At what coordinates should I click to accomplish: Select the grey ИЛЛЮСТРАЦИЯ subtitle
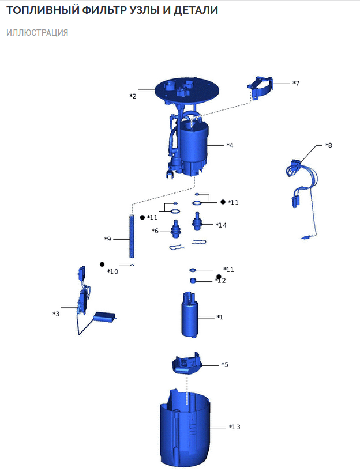click(37, 32)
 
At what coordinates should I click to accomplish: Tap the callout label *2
click(133, 96)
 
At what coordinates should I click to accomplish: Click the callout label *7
click(296, 83)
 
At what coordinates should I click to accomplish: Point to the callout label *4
click(230, 145)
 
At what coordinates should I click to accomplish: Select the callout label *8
click(328, 145)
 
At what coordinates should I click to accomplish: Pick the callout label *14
click(221, 225)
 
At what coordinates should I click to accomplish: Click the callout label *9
click(107, 239)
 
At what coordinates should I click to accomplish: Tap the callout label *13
click(235, 427)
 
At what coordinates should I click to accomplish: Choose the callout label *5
click(225, 365)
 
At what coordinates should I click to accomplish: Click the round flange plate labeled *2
click(186, 90)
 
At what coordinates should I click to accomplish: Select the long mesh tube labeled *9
click(132, 236)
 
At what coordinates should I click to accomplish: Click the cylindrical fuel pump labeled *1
click(190, 315)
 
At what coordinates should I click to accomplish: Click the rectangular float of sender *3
click(104, 317)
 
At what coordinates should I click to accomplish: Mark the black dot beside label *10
click(102, 265)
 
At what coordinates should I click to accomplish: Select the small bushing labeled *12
click(193, 281)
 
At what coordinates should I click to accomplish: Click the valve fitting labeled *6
click(175, 228)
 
